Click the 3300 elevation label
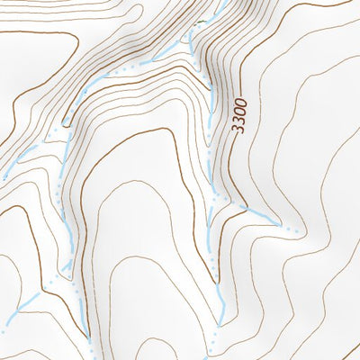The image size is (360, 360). tap(238, 118)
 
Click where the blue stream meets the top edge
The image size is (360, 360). tap(220, 2)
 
